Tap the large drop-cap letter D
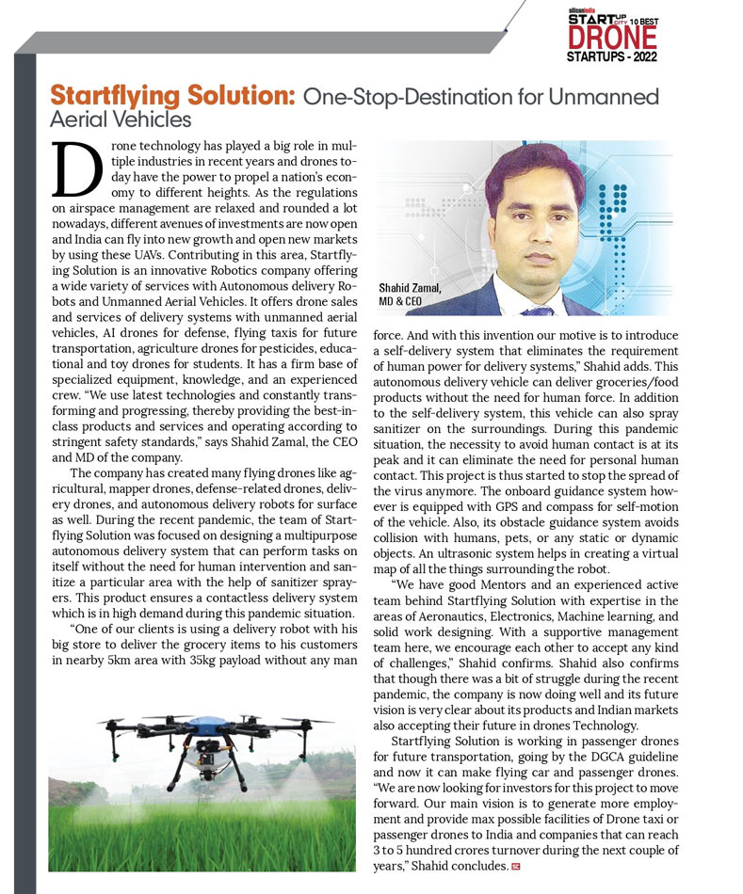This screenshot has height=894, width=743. click(76, 172)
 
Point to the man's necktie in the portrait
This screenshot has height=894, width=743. click(538, 310)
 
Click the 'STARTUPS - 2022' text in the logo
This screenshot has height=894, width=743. click(611, 57)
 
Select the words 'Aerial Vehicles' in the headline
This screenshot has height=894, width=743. click(120, 120)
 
